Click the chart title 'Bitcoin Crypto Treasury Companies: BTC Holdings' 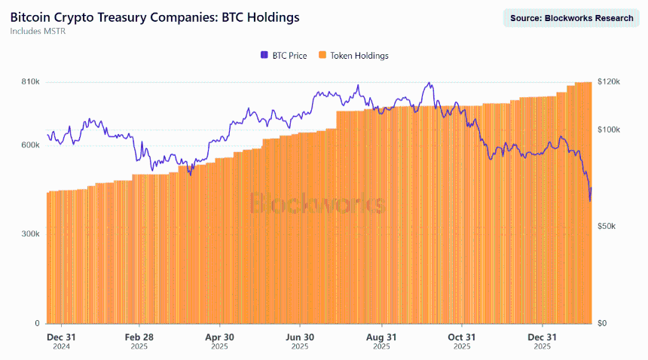click(154, 17)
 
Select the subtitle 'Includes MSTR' click(38, 32)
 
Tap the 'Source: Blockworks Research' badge click(571, 18)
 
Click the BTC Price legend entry click(284, 55)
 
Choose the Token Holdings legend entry click(353, 55)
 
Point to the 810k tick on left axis click(30, 81)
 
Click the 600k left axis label click(30, 145)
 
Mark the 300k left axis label click(30, 234)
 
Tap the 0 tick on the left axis click(37, 324)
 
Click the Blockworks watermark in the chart click(317, 203)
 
